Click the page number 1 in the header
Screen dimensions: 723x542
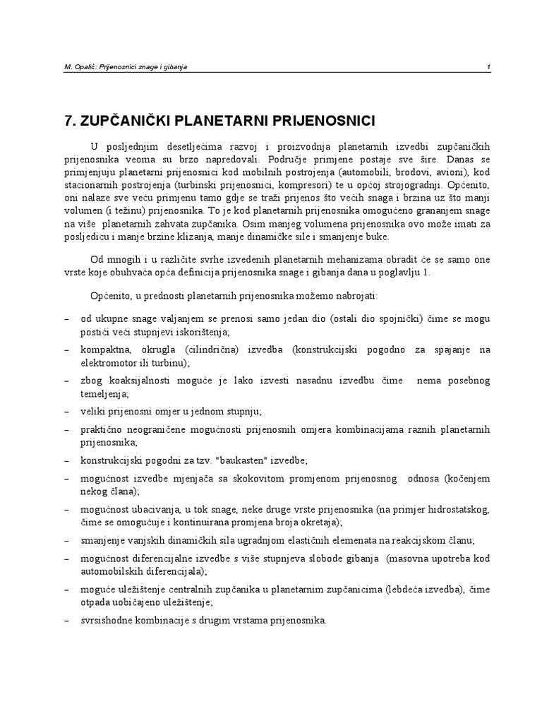[x=488, y=66]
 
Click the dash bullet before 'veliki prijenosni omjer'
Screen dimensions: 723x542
[x=66, y=411]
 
